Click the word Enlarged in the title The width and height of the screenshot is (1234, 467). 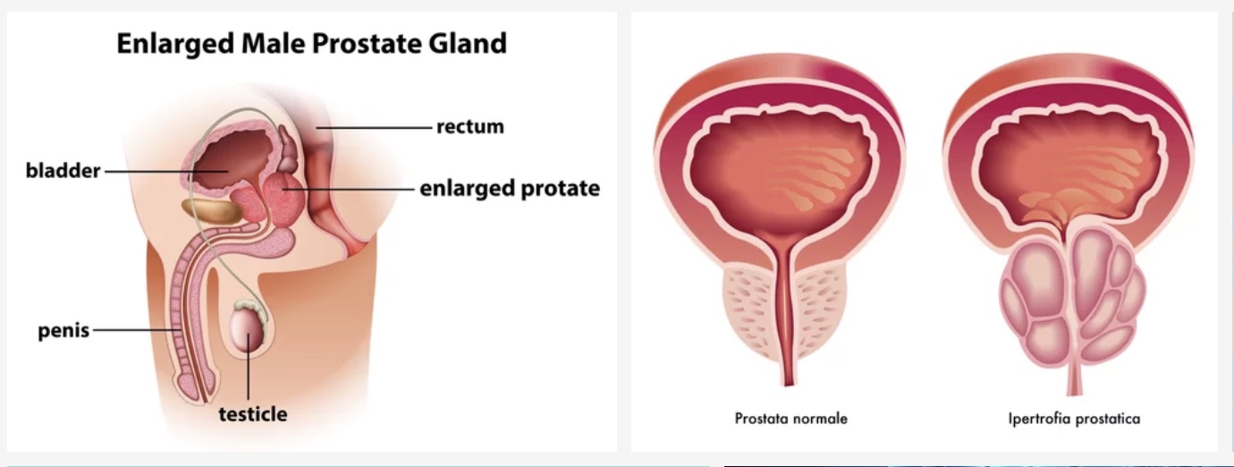point(176,44)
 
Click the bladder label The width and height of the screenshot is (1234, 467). point(63,170)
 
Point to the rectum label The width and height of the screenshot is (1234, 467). point(470,127)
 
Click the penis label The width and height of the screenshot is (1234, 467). point(63,331)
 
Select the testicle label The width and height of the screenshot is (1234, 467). point(253,414)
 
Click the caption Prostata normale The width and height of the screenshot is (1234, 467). point(791,419)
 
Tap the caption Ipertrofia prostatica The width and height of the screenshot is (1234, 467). point(1074,419)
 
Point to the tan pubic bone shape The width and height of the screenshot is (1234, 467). point(212,211)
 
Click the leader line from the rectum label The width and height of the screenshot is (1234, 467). point(374,127)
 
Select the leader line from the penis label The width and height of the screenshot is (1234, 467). point(137,331)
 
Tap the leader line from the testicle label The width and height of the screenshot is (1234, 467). point(248,367)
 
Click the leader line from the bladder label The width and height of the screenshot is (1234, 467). point(166,172)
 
